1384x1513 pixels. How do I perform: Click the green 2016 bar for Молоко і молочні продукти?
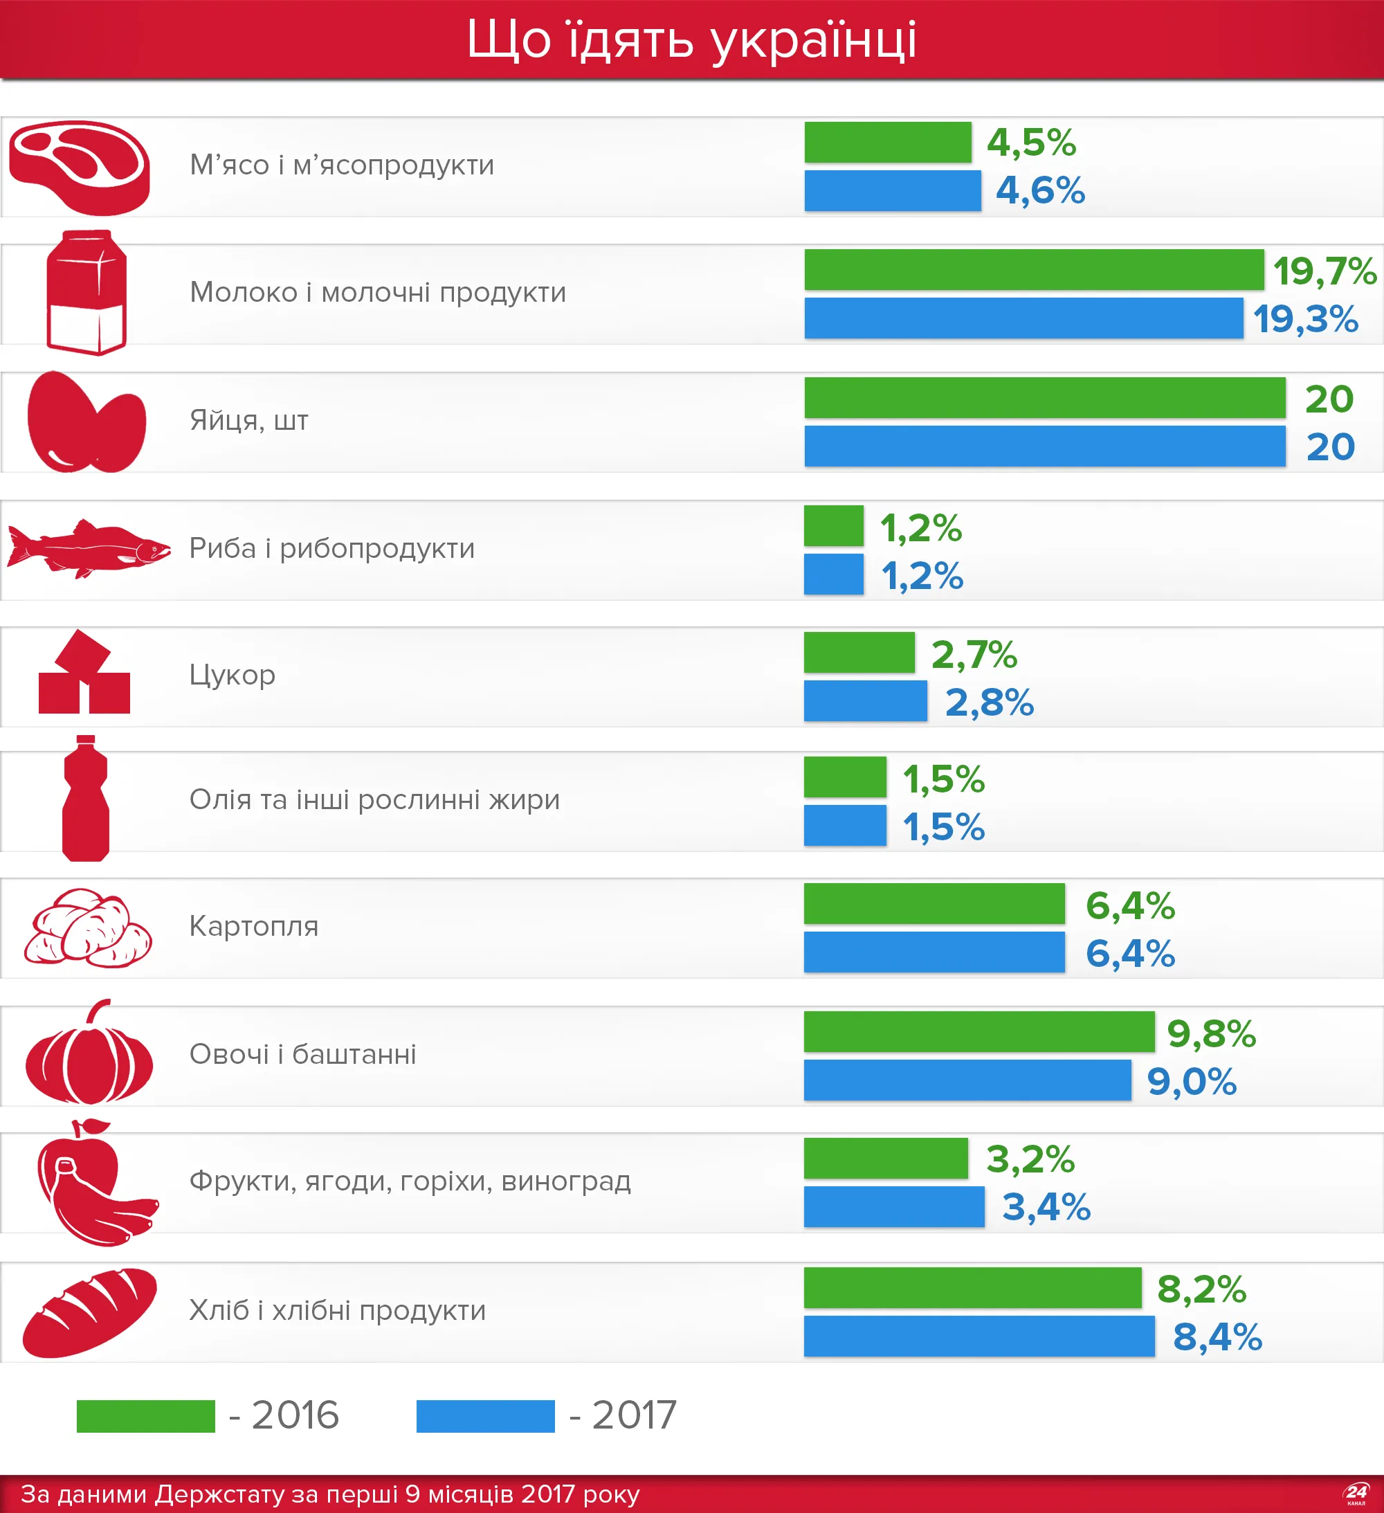click(1033, 270)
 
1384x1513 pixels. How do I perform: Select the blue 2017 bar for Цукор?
click(866, 701)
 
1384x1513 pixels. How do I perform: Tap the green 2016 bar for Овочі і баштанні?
click(978, 1032)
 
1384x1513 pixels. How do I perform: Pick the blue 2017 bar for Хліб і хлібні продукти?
click(978, 1337)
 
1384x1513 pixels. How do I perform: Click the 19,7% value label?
click(1324, 271)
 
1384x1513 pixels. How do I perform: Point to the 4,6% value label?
click(1040, 190)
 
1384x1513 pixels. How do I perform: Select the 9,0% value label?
click(1192, 1082)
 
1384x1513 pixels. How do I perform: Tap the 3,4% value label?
click(1046, 1207)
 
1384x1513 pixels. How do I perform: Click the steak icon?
click(80, 167)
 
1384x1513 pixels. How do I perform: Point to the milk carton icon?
click(86, 293)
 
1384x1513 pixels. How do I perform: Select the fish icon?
click(89, 549)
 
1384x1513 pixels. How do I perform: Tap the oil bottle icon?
click(86, 799)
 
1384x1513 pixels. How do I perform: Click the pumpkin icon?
click(89, 1053)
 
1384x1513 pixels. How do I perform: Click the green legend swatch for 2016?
click(145, 1416)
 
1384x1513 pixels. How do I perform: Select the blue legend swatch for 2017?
click(486, 1416)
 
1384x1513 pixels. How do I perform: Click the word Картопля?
click(254, 926)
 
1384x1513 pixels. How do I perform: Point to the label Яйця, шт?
click(248, 420)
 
